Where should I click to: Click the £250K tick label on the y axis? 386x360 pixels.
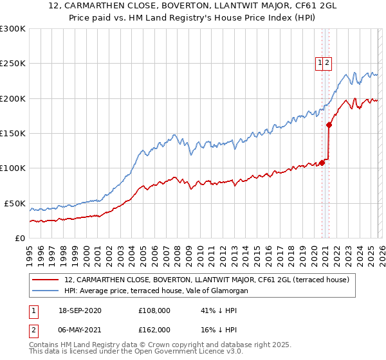tap(12, 64)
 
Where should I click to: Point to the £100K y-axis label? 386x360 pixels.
tap(12, 168)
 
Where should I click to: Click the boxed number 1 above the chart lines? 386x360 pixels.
tap(320, 62)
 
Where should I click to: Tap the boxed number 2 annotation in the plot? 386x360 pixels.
tap(327, 62)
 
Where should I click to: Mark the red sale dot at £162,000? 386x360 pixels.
tap(329, 125)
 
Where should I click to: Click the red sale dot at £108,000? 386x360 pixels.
tap(322, 163)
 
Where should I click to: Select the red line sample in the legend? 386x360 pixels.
tap(46, 280)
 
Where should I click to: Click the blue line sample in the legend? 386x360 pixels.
tap(46, 291)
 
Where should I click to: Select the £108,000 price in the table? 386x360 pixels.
tap(154, 310)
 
